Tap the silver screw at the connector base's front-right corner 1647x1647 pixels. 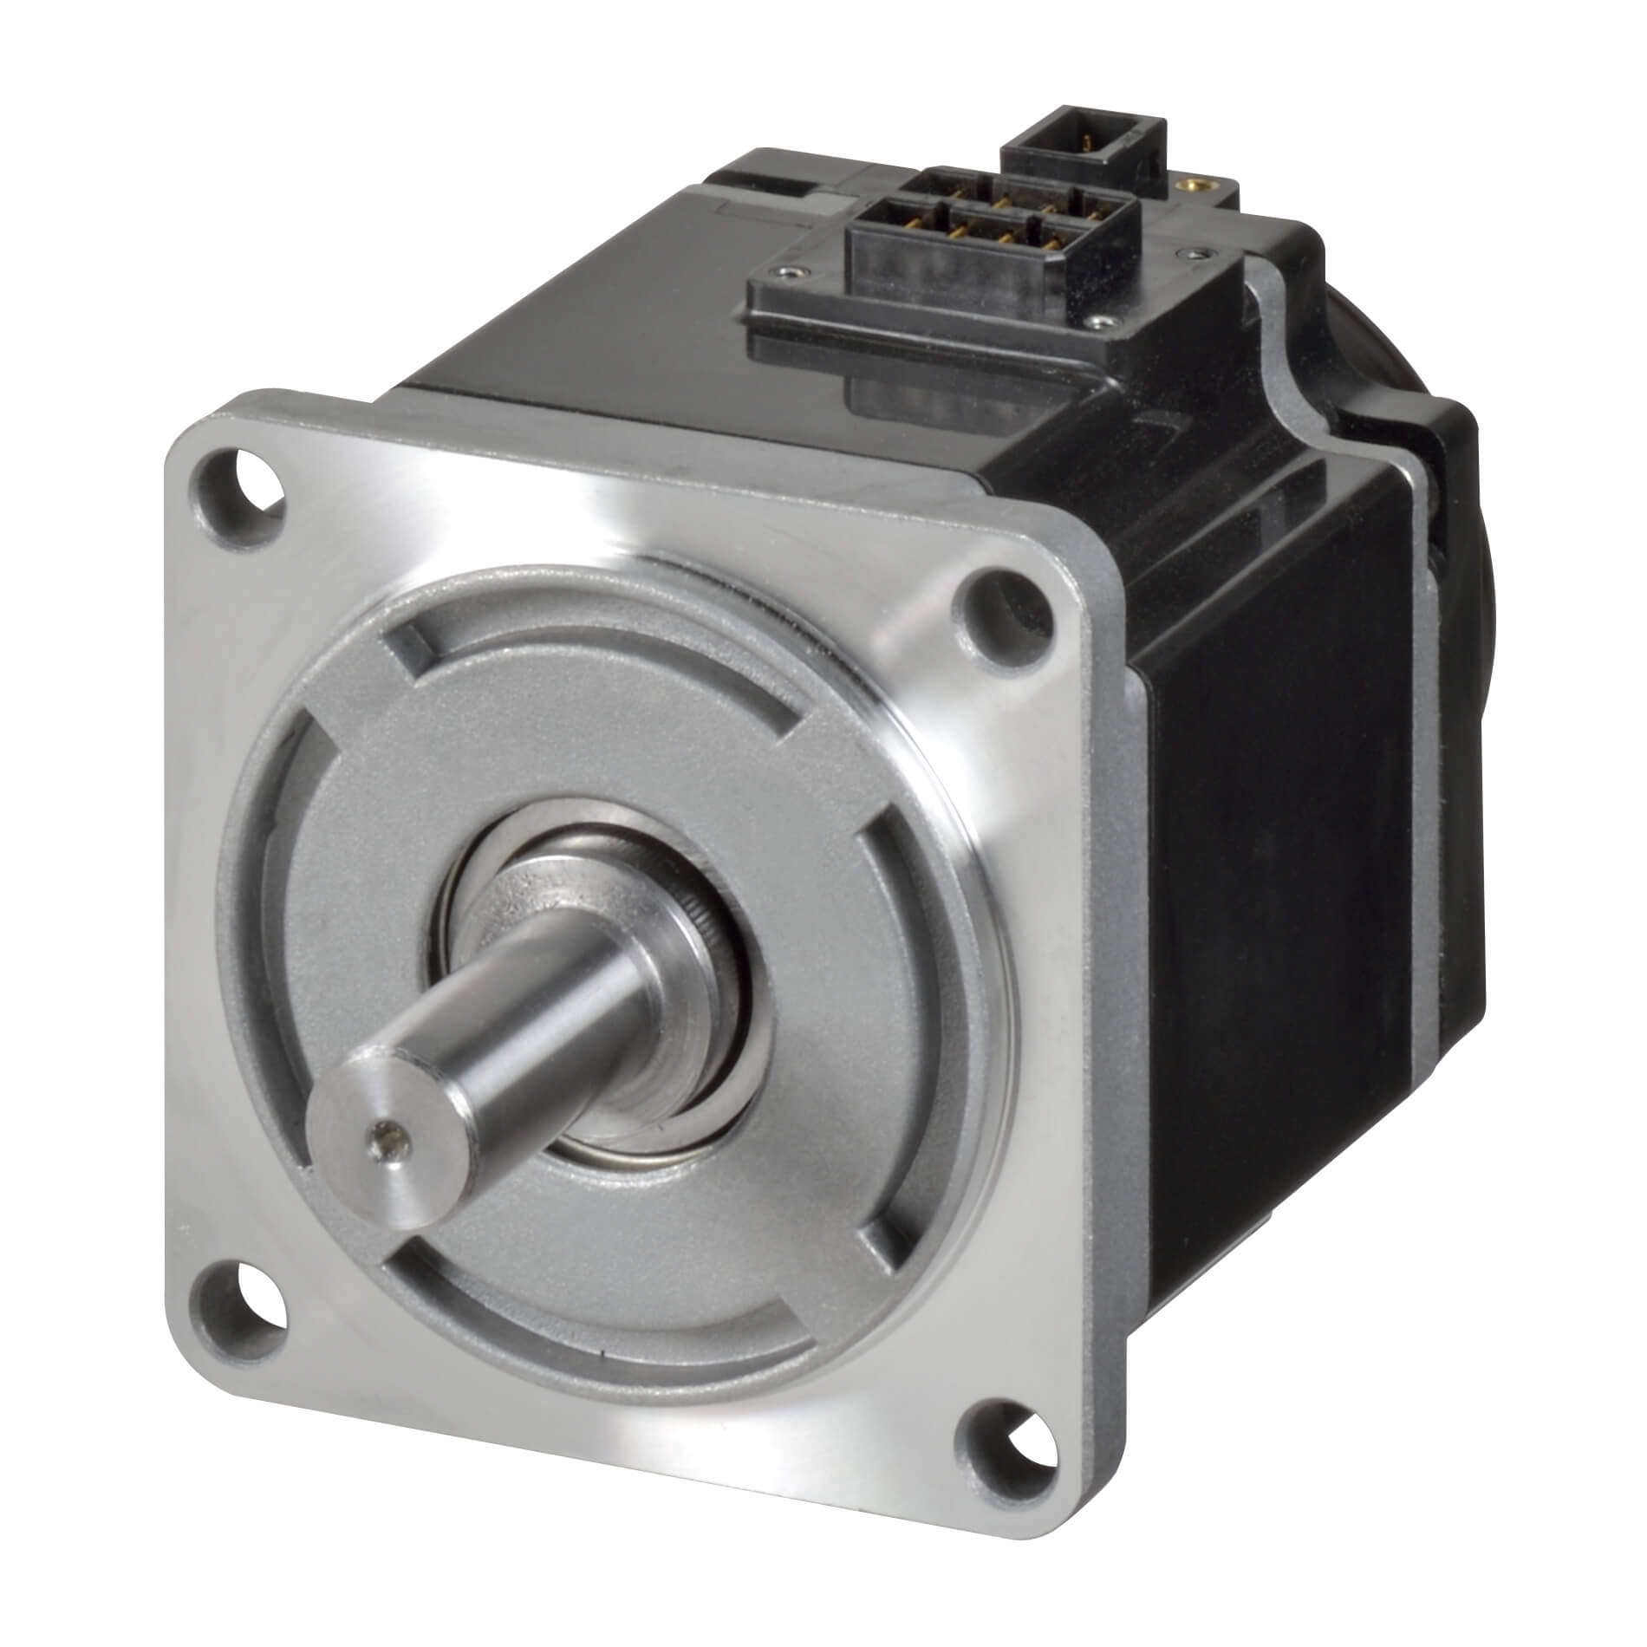(1102, 322)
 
